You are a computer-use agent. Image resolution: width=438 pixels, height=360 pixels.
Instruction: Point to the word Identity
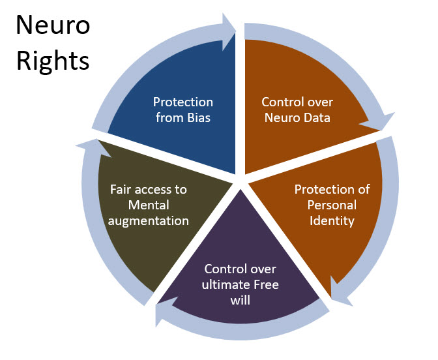coord(332,220)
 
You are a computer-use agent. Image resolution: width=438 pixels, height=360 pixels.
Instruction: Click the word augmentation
coord(149,220)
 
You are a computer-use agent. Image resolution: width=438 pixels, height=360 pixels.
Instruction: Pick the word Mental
coord(149,205)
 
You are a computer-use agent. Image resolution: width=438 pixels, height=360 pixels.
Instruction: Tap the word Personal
coord(332,205)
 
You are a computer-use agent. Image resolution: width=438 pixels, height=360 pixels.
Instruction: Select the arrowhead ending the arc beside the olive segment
coord(88,144)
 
